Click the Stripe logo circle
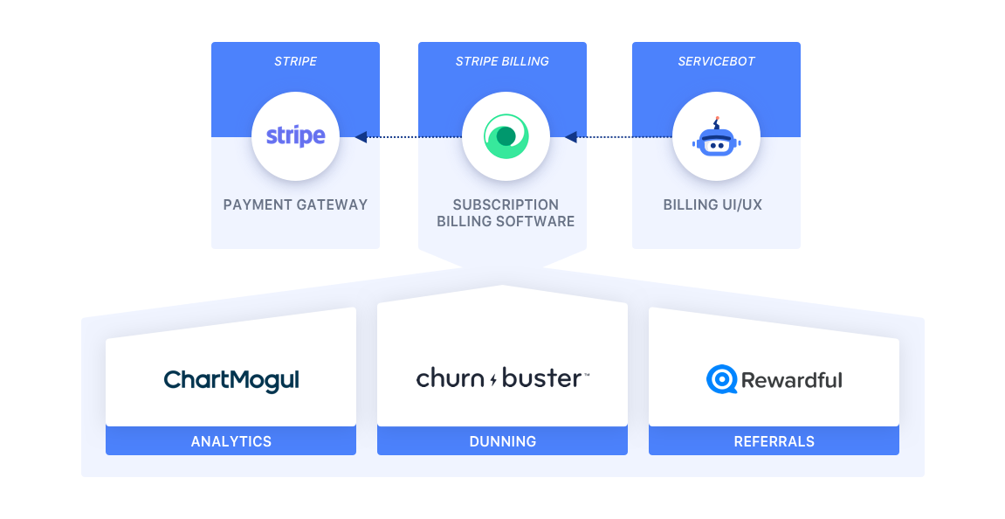click(295, 136)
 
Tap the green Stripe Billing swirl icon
click(505, 136)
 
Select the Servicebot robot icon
click(716, 139)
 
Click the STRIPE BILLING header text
click(502, 61)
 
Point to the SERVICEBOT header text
click(716, 61)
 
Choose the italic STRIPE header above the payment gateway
click(295, 61)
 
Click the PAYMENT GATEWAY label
click(295, 204)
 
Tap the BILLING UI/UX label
click(712, 204)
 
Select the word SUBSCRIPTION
click(506, 204)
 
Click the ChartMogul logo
click(231, 380)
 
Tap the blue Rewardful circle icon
click(721, 379)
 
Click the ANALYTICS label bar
click(231, 441)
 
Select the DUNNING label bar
click(502, 441)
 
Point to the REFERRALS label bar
click(774, 441)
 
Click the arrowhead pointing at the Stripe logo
click(360, 136)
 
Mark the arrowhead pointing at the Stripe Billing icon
click(570, 136)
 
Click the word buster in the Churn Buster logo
click(542, 378)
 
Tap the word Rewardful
click(792, 380)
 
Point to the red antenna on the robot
click(717, 119)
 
